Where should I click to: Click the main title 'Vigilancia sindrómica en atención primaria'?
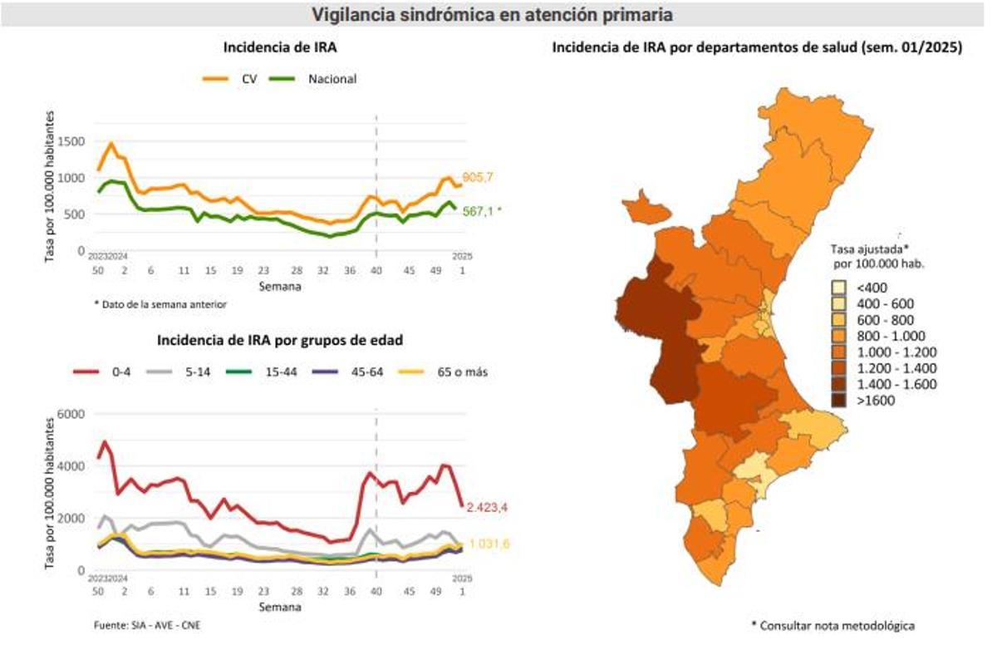click(491, 14)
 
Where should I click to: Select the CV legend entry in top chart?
click(233, 79)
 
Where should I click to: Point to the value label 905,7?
click(479, 177)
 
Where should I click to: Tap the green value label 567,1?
click(481, 212)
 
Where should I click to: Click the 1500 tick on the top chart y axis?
click(71, 141)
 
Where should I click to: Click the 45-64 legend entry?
click(353, 372)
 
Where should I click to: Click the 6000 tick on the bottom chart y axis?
click(71, 414)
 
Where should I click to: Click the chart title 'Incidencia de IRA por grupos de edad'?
click(279, 340)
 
